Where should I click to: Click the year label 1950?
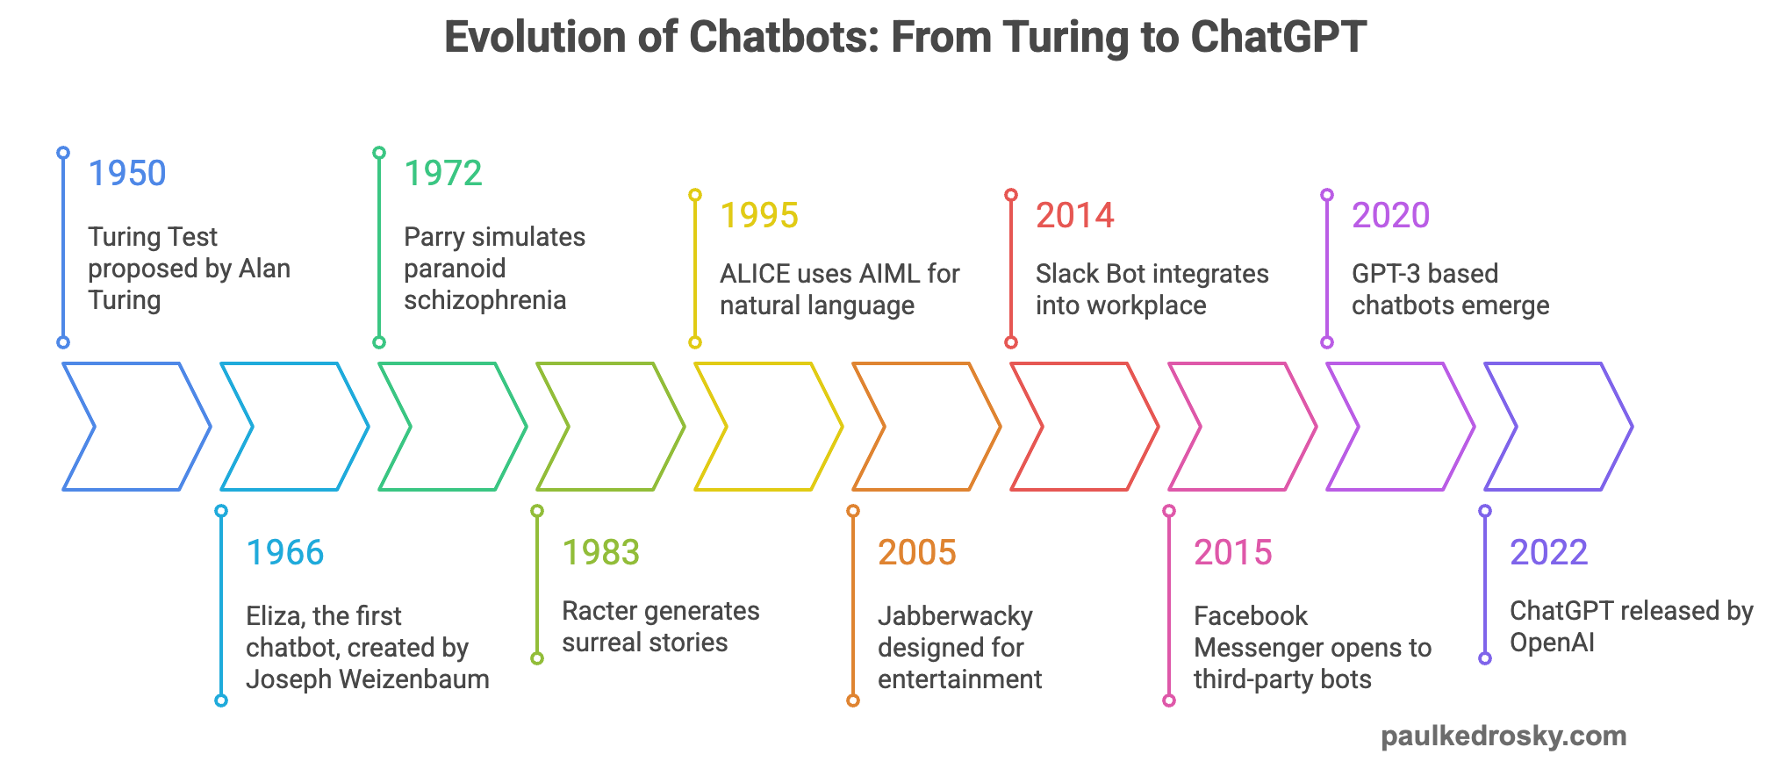click(x=127, y=173)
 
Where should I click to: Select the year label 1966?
click(x=285, y=552)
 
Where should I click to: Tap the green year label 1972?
click(x=443, y=173)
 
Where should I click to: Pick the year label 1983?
click(x=601, y=552)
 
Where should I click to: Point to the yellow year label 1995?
click(x=759, y=215)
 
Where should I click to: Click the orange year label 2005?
click(x=917, y=552)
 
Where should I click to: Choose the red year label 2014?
click(x=1075, y=215)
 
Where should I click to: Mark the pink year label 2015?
click(x=1233, y=552)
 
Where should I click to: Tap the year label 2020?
click(x=1391, y=215)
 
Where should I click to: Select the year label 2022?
click(x=1549, y=552)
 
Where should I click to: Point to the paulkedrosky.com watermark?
click(x=1504, y=736)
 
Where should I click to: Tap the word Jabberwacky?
click(x=955, y=616)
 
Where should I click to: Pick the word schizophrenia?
click(x=484, y=300)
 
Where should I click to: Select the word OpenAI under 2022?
click(x=1552, y=643)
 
